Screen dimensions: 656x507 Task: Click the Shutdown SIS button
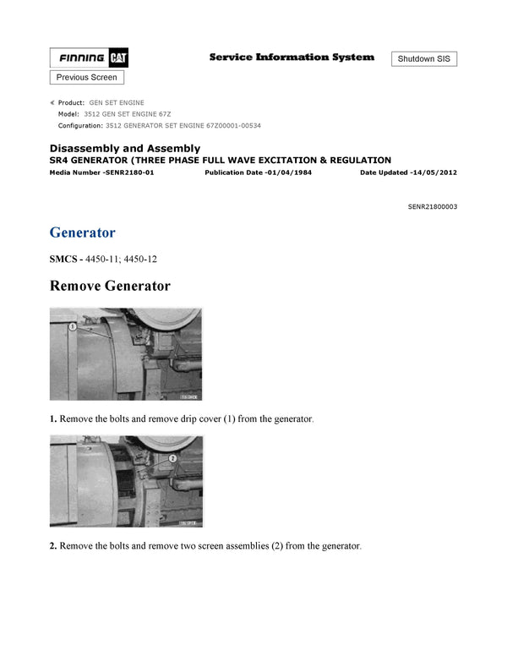(x=424, y=59)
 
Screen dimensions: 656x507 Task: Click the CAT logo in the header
(x=118, y=58)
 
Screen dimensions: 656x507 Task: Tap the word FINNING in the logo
(x=82, y=58)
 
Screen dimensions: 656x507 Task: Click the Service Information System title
(x=292, y=57)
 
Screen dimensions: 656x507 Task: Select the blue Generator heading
(x=83, y=232)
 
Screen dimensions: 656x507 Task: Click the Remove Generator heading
(x=110, y=286)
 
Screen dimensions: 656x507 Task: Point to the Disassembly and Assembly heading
(x=125, y=148)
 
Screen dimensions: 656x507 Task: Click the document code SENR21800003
(x=432, y=206)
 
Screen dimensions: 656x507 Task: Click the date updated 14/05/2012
(x=432, y=172)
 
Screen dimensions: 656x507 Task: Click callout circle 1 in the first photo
(x=73, y=325)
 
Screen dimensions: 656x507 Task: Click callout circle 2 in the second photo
(x=172, y=456)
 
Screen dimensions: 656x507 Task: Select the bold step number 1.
(x=53, y=419)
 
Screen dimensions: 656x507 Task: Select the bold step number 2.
(x=53, y=546)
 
